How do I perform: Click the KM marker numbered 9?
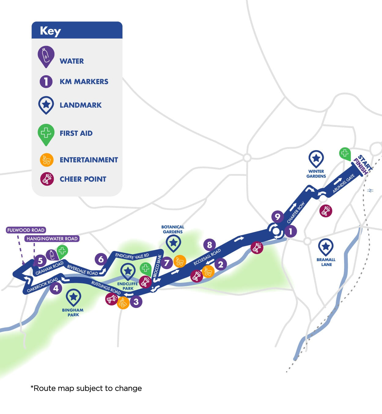click(277, 217)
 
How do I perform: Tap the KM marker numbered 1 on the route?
click(290, 231)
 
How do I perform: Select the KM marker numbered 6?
click(101, 259)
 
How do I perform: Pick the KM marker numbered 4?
click(56, 288)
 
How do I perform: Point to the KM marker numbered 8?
click(209, 245)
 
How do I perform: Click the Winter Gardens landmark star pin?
click(316, 158)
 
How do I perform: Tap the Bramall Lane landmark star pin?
click(325, 246)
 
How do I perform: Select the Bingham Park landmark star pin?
click(73, 297)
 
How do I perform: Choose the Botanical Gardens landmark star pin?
click(173, 243)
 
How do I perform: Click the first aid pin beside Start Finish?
click(345, 153)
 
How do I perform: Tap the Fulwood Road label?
click(26, 230)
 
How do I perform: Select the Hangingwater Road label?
click(52, 238)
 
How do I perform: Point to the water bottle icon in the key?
click(46, 56)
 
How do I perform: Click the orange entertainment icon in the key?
click(47, 160)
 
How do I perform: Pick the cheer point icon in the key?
click(47, 179)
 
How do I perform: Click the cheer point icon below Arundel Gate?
click(325, 211)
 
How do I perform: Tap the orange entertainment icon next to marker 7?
click(180, 261)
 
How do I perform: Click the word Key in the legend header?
click(50, 31)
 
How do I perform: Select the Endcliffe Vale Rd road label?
click(132, 256)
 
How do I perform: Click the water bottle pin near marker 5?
click(51, 255)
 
